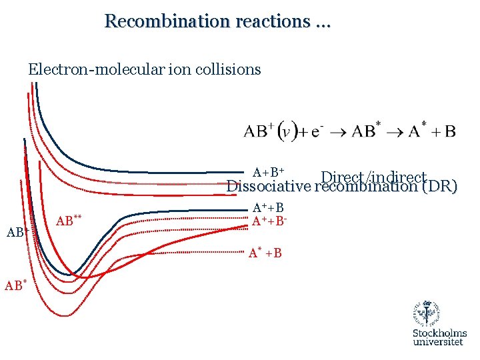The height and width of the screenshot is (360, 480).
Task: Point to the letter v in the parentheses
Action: tap(286, 131)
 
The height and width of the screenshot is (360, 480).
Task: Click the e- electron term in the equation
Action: tap(316, 131)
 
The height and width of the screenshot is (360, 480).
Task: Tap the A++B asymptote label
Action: tap(269, 209)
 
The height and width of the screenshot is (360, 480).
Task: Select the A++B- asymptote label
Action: tap(270, 221)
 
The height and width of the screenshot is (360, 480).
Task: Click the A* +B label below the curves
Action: tap(265, 253)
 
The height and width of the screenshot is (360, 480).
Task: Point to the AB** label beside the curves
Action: tap(69, 221)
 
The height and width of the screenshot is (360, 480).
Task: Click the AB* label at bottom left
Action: tap(15, 285)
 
